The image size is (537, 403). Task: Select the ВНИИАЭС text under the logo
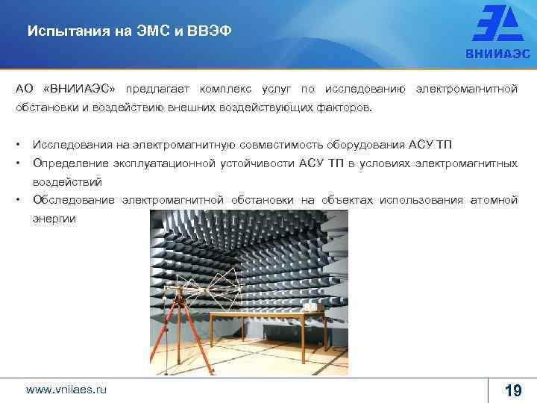click(499, 54)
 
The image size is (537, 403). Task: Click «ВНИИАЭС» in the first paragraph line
click(87, 90)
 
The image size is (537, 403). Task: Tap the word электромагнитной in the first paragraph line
click(466, 90)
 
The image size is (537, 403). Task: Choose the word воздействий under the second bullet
click(66, 181)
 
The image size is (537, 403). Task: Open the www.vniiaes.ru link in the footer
click(66, 390)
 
